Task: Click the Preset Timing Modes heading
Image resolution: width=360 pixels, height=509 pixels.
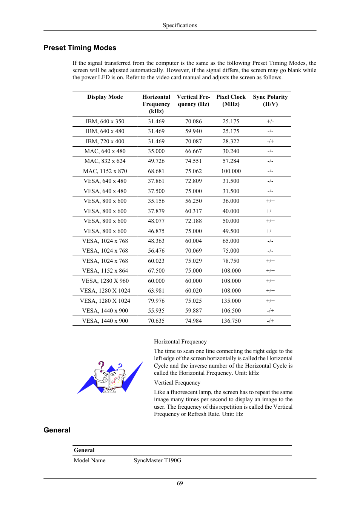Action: pos(80,48)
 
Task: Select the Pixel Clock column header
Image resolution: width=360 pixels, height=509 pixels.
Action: pos(231,100)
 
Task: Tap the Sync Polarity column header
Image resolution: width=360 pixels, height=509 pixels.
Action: pos(270,100)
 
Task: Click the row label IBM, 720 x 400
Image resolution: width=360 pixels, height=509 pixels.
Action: pos(105,141)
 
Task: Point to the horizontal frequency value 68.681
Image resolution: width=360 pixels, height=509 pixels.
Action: pos(156,171)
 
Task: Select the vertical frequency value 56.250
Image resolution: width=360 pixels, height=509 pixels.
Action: pos(193,201)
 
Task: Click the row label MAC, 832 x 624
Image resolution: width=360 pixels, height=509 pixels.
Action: pos(105,161)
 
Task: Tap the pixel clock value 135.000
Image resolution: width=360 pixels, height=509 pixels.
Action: pos(231,301)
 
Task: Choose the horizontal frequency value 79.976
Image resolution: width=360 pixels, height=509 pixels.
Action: pos(156,301)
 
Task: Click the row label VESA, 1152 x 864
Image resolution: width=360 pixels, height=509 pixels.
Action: pos(105,271)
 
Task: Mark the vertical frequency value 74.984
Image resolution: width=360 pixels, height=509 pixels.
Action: pos(193,321)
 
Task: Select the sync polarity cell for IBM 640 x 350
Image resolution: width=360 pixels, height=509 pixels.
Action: pos(270,121)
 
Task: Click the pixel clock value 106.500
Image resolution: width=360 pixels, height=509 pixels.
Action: pos(231,311)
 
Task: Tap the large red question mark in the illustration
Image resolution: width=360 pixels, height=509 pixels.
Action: pos(101,366)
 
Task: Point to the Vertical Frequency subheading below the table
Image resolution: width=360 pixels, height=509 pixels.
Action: pos(177,383)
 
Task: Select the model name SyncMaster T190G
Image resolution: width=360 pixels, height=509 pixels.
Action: pos(157,460)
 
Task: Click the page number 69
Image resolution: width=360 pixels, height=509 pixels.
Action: pos(180,483)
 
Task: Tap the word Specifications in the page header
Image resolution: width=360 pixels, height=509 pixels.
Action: pos(180,25)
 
